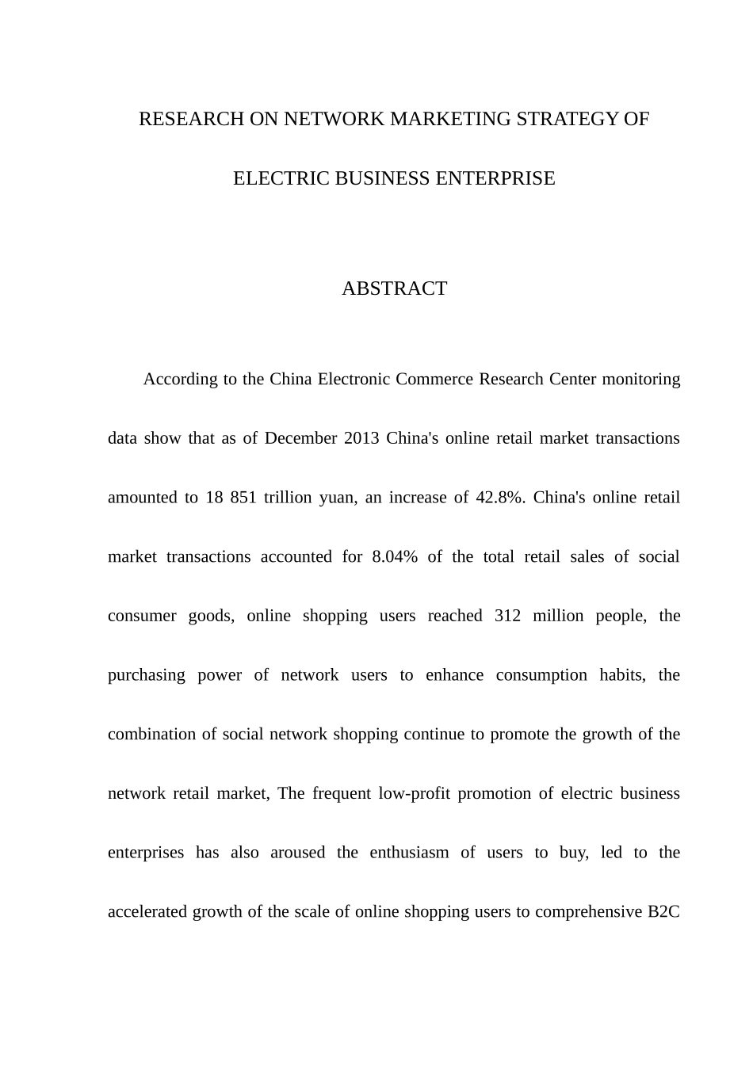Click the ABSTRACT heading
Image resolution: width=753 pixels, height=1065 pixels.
(394, 289)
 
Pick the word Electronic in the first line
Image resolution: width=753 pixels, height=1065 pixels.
(354, 380)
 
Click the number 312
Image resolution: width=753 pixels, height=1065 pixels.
(507, 616)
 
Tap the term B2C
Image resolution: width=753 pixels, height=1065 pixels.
(663, 912)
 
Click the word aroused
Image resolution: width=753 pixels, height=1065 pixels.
(297, 853)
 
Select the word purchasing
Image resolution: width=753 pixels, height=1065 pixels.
(147, 676)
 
